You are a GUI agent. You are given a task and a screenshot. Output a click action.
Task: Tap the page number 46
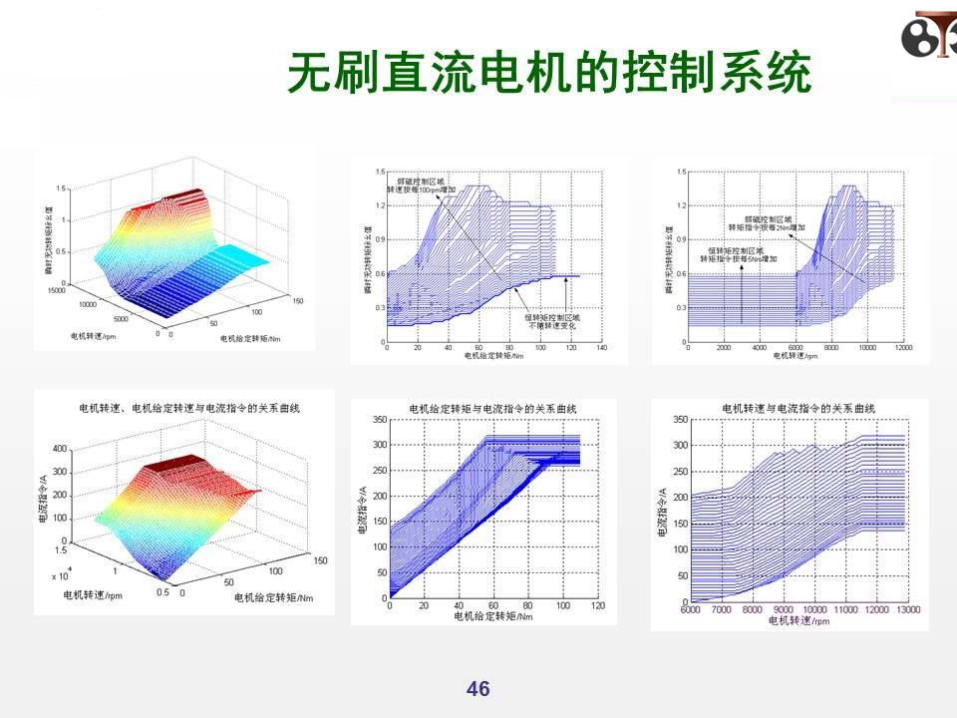point(478,689)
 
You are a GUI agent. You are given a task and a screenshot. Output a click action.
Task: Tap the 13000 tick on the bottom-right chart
point(907,609)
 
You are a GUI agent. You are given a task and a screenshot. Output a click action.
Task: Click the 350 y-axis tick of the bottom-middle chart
point(380,421)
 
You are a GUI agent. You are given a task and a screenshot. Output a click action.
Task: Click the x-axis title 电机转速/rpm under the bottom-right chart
point(798,620)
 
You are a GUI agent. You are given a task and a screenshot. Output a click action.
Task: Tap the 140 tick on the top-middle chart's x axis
point(601,349)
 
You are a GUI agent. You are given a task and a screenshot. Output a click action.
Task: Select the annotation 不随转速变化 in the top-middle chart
point(547,323)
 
